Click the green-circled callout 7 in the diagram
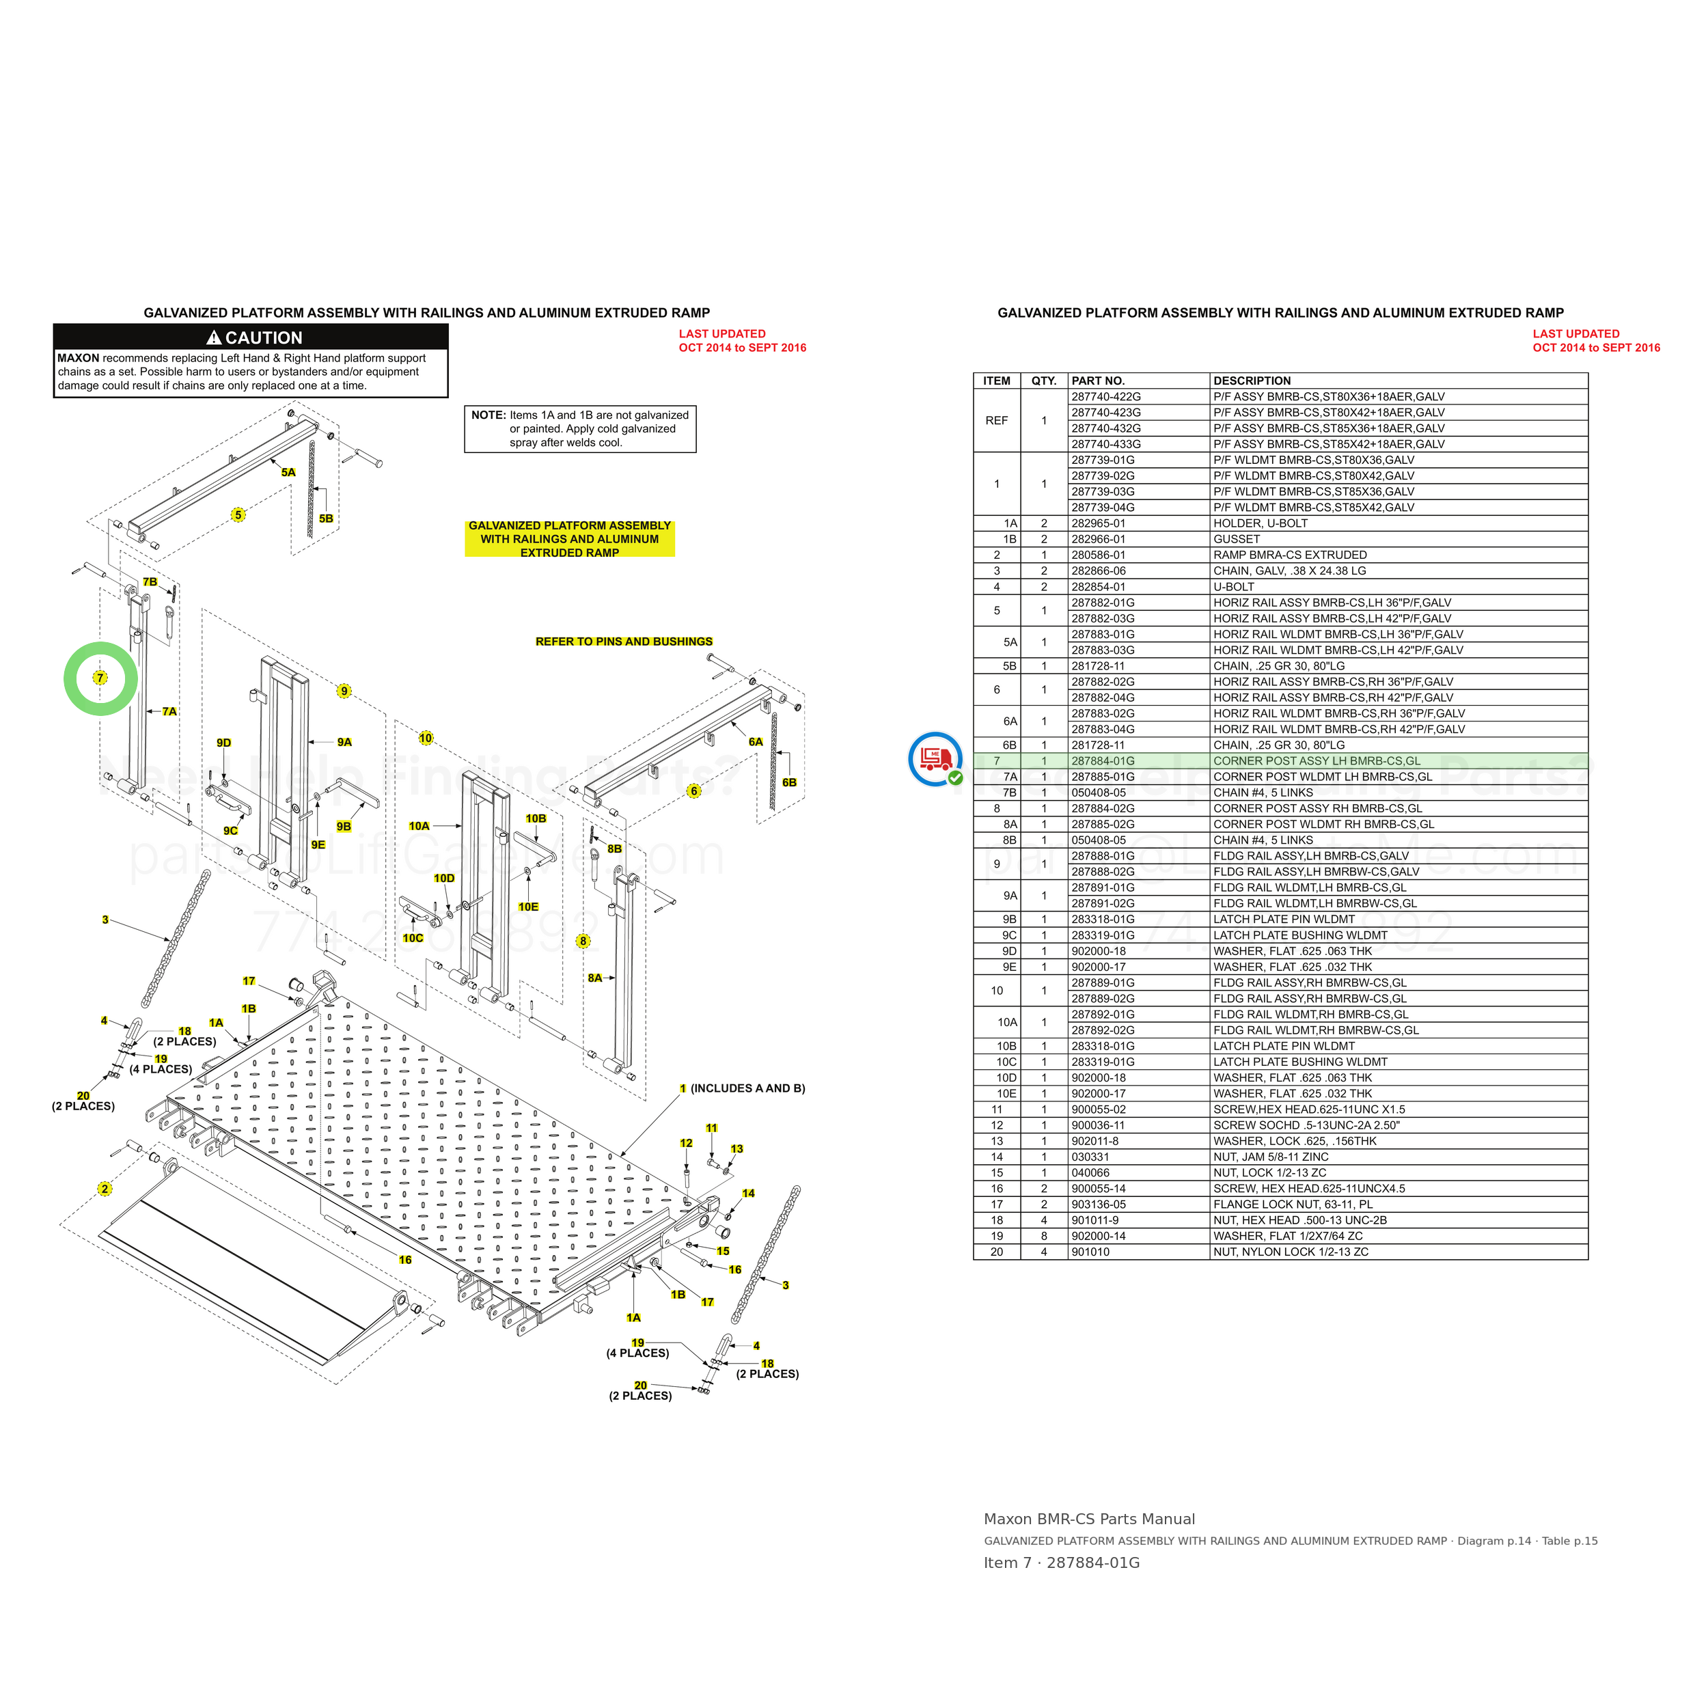point(100,678)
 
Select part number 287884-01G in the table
point(1103,761)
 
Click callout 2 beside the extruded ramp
point(105,1189)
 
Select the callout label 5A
point(288,472)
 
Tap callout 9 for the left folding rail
point(344,691)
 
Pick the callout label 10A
point(419,826)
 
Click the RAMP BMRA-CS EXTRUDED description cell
point(1290,555)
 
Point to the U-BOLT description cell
point(1233,587)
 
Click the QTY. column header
point(1043,381)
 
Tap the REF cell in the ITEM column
point(996,421)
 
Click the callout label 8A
point(595,978)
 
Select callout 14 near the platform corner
point(748,1194)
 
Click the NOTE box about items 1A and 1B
point(580,429)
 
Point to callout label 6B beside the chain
point(790,782)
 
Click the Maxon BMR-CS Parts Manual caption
point(1089,1519)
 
